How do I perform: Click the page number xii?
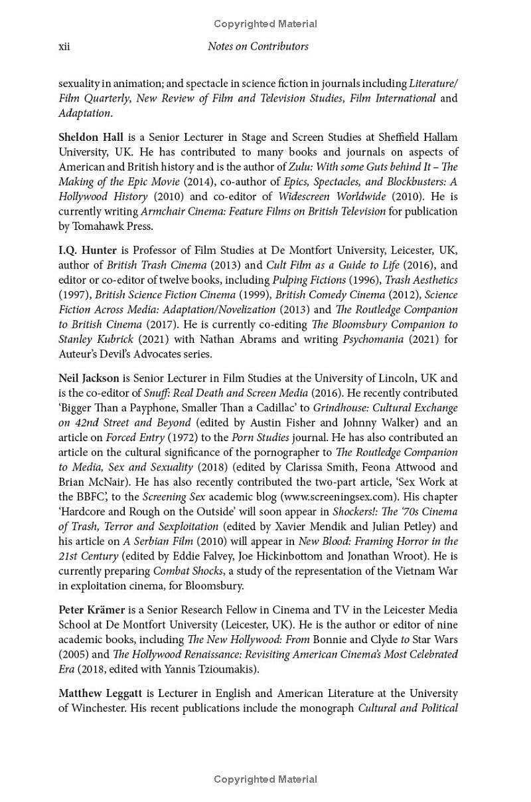(64, 47)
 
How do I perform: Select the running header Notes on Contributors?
(258, 47)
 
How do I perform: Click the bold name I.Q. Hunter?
(88, 251)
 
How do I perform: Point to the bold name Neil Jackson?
(89, 378)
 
